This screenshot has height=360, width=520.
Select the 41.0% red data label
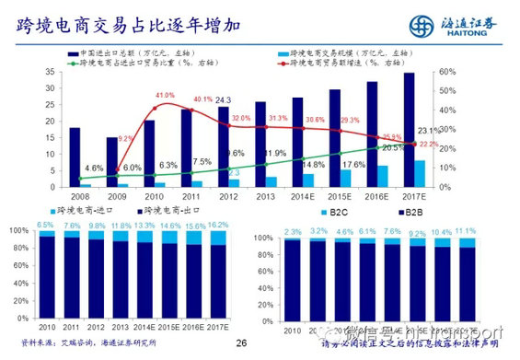coord(165,96)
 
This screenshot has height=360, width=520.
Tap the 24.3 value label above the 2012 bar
coord(224,99)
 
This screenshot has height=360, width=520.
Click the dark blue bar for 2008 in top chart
coord(75,157)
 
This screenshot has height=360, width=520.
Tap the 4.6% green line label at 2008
coord(94,168)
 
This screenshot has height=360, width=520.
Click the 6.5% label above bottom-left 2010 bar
coord(45,224)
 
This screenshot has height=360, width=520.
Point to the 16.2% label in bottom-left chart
coord(218,224)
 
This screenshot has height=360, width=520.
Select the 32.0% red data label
coord(241,119)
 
